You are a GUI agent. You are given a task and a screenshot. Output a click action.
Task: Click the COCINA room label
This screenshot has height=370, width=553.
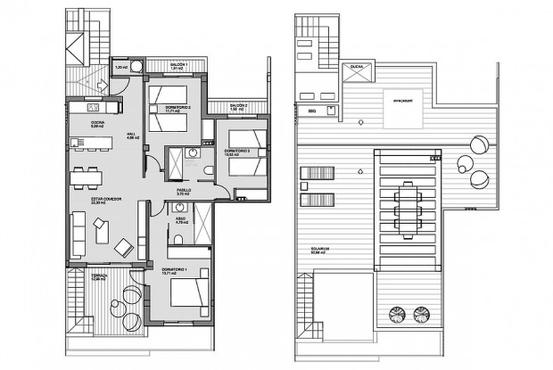click(x=97, y=123)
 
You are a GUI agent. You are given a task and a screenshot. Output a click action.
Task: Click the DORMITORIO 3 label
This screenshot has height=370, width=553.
click(x=236, y=152)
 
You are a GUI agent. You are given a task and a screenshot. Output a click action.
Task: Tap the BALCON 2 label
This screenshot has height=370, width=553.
click(x=236, y=106)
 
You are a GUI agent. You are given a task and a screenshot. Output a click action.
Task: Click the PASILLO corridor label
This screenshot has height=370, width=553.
click(x=184, y=191)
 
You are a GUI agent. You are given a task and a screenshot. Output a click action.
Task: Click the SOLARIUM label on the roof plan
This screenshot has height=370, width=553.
click(x=321, y=249)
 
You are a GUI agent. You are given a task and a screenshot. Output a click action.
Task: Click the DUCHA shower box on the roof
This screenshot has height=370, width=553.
click(x=357, y=69)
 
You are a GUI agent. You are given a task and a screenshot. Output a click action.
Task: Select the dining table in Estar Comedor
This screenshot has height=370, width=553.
click(x=90, y=177)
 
